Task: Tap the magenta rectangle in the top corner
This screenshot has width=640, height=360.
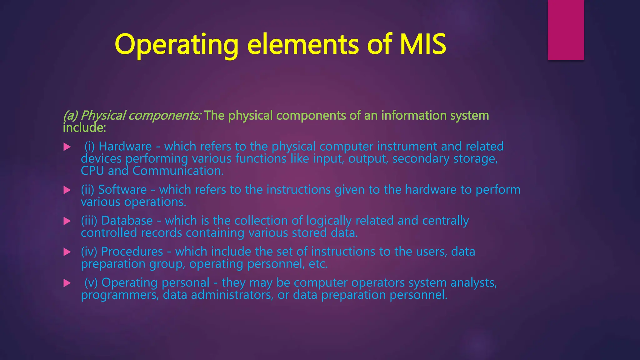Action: click(x=566, y=30)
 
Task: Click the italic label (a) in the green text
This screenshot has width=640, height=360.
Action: click(x=70, y=116)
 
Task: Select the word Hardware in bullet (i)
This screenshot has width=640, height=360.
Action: click(x=125, y=147)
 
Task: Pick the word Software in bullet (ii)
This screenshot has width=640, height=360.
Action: click(x=122, y=190)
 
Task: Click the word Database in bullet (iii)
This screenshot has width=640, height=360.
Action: click(x=127, y=221)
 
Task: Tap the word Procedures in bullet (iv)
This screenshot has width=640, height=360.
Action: click(x=132, y=252)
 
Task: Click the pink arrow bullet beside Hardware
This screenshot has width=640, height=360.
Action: click(x=67, y=147)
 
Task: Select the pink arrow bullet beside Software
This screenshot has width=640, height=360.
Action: click(x=67, y=190)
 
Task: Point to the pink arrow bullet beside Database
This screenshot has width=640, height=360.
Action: click(x=67, y=221)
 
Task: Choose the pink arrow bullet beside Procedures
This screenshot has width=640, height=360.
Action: click(x=67, y=252)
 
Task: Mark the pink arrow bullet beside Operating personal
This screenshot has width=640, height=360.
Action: click(x=67, y=283)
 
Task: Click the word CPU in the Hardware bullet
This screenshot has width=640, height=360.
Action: click(x=92, y=171)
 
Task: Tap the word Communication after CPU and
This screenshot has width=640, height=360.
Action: click(x=178, y=171)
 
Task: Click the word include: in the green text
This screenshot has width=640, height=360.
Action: click(x=84, y=128)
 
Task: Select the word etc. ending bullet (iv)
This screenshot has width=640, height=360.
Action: click(x=318, y=264)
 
